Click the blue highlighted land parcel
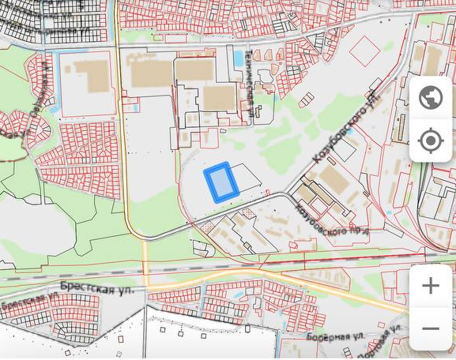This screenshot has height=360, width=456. point(221,182)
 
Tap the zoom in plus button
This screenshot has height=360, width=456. point(431,286)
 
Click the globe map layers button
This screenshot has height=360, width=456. point(431,98)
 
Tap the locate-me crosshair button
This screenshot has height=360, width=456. point(431,141)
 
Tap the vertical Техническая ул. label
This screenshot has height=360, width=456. point(251,93)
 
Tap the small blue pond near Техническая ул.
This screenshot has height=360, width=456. point(239,58)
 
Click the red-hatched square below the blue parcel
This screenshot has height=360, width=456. point(209,227)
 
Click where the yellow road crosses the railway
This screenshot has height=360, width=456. point(147,270)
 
